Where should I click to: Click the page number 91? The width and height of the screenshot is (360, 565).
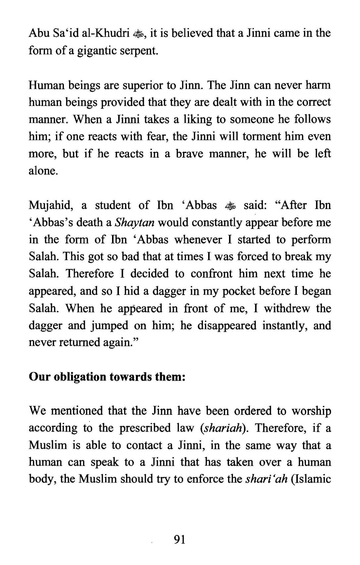pos(179,539)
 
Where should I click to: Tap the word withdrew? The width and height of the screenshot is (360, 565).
pos(287,308)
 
